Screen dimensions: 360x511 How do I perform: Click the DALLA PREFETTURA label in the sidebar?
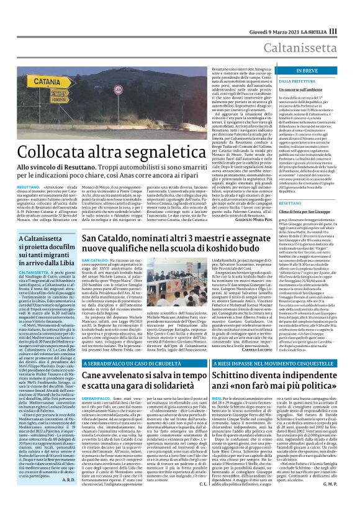(287, 81)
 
